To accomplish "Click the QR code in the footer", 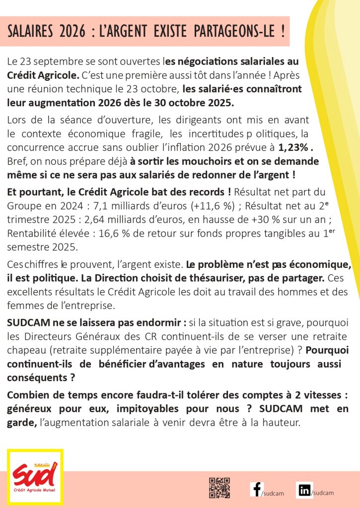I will pos(219,488).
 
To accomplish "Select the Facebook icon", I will pos(256,489).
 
